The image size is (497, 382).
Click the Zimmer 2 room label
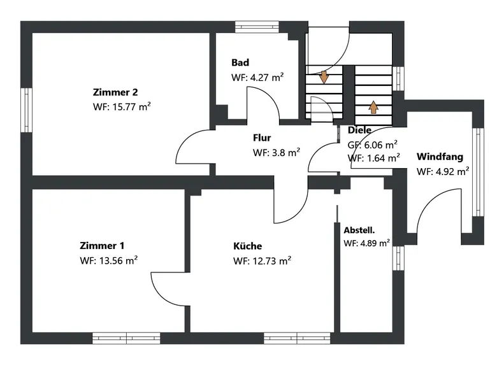pyautogui.click(x=115, y=92)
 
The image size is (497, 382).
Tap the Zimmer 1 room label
pyautogui.click(x=102, y=246)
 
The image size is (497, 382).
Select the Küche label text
pyautogui.click(x=248, y=246)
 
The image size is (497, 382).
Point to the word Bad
pyautogui.click(x=240, y=62)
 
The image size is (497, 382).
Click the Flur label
pyautogui.click(x=262, y=138)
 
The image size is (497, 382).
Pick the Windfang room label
pyautogui.click(x=440, y=157)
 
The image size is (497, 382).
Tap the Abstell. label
pyautogui.click(x=359, y=230)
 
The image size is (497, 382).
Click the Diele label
pyautogui.click(x=359, y=130)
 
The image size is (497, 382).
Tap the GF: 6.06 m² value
pyautogui.click(x=373, y=145)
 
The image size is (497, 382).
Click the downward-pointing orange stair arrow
pyautogui.click(x=324, y=77)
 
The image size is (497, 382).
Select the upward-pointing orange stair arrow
pyautogui.click(x=373, y=107)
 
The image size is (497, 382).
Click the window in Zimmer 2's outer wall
pyautogui.click(x=27, y=110)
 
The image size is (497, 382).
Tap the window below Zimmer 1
pyautogui.click(x=126, y=338)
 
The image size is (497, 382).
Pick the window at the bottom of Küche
pyautogui.click(x=297, y=338)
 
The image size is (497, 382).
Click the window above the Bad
pyautogui.click(x=257, y=27)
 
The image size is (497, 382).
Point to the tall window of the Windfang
pyautogui.click(x=479, y=172)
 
